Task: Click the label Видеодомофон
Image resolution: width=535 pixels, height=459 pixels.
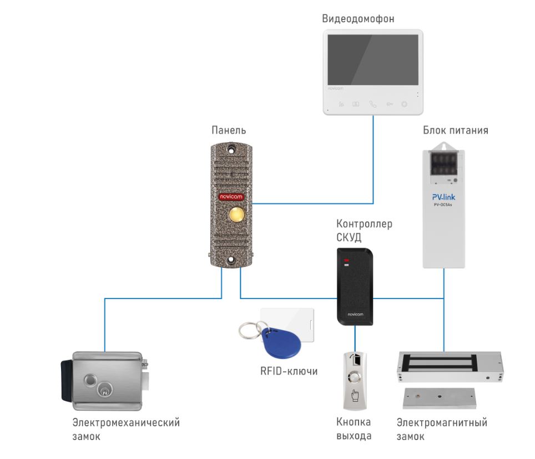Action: click(358, 18)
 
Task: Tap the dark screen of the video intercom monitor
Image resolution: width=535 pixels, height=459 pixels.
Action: click(373, 60)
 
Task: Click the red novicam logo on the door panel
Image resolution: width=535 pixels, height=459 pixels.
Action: click(231, 197)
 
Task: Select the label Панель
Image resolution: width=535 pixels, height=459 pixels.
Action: click(229, 130)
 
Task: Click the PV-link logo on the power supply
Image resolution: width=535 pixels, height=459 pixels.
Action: click(443, 197)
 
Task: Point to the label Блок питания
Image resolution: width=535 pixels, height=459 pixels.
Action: click(456, 130)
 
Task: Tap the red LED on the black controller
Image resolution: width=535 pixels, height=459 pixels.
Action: click(346, 260)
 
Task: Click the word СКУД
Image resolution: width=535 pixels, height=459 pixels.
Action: click(349, 237)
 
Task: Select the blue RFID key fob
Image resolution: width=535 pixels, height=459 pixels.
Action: click(281, 341)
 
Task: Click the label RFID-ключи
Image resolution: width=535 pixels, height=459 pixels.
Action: click(289, 371)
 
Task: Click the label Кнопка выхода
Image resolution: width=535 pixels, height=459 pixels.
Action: click(354, 429)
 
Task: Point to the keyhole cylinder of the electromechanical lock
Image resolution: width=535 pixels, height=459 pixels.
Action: click(104, 390)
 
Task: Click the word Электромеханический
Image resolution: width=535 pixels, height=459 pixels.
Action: click(126, 422)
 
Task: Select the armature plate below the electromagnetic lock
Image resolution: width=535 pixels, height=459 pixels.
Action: click(440, 398)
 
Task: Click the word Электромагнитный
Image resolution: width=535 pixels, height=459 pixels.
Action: click(442, 422)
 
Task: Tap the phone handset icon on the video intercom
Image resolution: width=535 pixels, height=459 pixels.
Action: click(373, 104)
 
